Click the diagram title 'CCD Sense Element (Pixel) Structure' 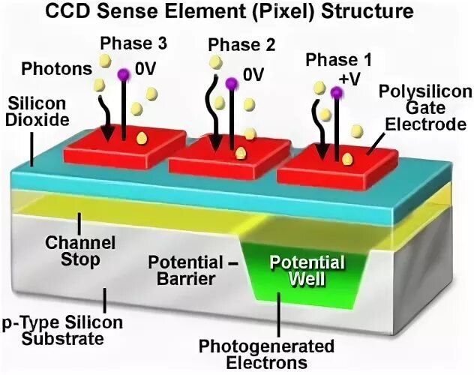[236, 12]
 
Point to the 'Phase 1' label [335, 59]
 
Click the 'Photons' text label [56, 69]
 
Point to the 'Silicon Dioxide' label [39, 110]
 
